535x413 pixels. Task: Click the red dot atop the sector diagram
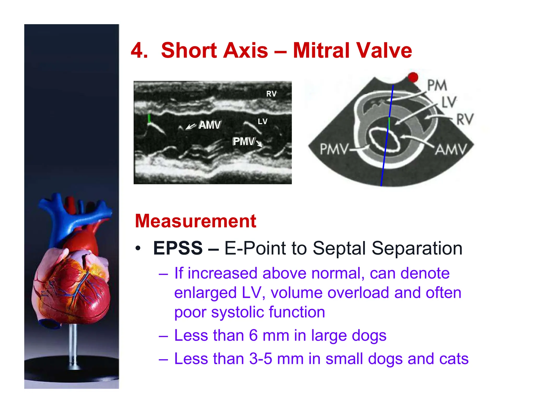coord(413,77)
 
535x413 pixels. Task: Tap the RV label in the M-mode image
coord(271,94)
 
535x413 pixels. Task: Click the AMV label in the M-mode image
coord(210,125)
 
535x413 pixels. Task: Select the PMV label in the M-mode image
coord(243,141)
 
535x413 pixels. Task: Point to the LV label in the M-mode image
coord(263,121)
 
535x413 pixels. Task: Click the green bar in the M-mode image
coord(149,118)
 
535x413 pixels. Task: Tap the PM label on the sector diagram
coord(437,85)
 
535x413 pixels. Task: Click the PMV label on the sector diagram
coord(334,149)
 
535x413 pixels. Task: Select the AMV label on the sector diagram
coord(451,149)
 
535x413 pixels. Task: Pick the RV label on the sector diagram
coord(465,119)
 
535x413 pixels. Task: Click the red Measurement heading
coord(195,221)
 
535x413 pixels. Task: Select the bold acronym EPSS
coord(178,248)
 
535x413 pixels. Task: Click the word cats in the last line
coord(454,359)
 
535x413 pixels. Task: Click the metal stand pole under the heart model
coord(73,345)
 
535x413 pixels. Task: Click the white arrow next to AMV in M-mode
coord(190,127)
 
